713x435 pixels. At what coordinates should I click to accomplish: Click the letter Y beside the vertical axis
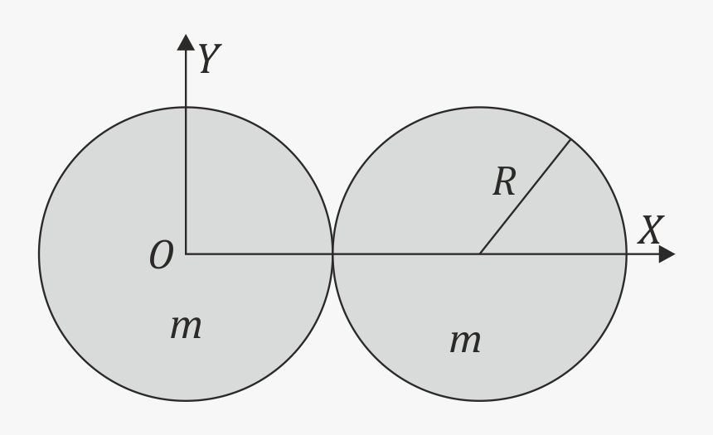[210, 59]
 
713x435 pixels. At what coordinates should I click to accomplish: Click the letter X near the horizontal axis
[651, 230]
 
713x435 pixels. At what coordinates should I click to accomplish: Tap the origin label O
[162, 254]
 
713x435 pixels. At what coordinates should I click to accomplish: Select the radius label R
[504, 181]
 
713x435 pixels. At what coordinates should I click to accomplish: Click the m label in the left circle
[186, 326]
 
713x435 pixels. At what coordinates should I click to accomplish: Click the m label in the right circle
[465, 341]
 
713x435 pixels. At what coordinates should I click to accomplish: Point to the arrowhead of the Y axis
[186, 41]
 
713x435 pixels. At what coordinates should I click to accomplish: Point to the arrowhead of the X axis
[667, 254]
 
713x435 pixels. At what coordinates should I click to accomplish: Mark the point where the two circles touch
[332, 254]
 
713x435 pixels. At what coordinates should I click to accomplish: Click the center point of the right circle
[480, 254]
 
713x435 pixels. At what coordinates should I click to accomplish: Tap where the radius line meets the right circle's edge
[570, 139]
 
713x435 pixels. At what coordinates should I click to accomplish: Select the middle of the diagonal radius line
[525, 197]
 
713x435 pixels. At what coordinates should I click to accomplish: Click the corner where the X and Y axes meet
[186, 254]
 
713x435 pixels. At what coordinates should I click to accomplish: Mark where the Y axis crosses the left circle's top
[186, 107]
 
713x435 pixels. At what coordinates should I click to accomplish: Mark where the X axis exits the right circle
[627, 254]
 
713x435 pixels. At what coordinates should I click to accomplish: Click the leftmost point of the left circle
[39, 254]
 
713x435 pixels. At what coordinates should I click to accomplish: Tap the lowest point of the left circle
[186, 400]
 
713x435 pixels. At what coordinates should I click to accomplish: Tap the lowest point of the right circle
[480, 400]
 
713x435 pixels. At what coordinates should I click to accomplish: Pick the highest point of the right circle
[480, 107]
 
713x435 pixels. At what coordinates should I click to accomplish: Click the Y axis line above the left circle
[186, 79]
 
